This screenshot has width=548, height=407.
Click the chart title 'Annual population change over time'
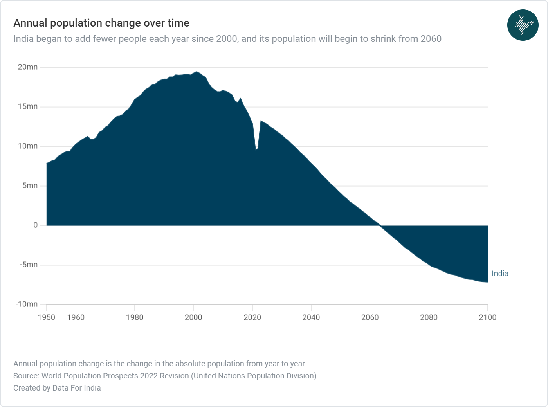point(101,23)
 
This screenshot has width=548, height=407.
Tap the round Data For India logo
point(523,25)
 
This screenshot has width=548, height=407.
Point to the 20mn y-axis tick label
point(27,67)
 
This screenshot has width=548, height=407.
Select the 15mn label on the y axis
point(27,106)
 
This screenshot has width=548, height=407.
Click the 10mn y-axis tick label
point(27,146)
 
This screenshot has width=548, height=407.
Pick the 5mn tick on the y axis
point(30,185)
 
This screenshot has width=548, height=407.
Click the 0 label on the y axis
point(36,225)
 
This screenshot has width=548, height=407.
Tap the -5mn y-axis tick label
point(29,265)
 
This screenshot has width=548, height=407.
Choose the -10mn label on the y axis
point(27,304)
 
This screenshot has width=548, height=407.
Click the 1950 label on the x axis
point(46,317)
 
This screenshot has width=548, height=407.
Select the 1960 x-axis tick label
point(76,317)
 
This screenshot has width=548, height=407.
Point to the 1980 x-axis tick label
point(135,317)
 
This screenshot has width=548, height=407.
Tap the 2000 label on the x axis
point(193,317)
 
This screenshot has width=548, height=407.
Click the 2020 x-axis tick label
point(252,317)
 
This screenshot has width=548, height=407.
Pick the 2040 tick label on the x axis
point(311,317)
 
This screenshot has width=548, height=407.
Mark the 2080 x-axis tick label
point(429,317)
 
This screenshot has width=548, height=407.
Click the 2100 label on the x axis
point(488,317)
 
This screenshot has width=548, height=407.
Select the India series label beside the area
point(500,274)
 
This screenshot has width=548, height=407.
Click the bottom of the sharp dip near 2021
point(256,149)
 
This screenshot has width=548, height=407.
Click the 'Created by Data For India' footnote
point(57,388)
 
